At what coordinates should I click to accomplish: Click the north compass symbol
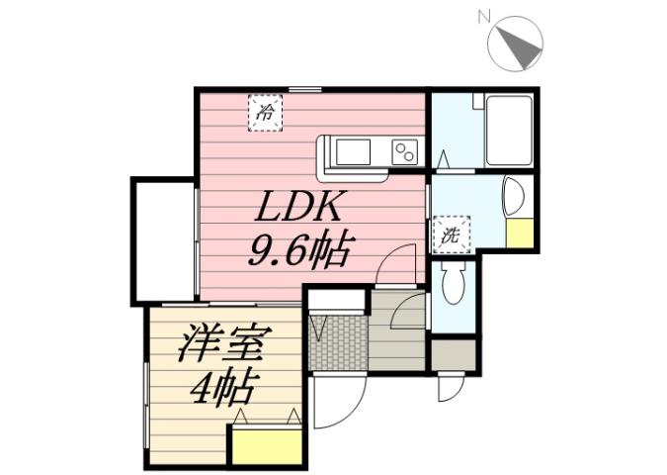[517, 43]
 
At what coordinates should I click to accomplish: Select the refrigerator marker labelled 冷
[264, 112]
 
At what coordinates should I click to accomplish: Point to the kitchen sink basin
[353, 152]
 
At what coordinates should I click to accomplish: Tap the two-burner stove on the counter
[404, 152]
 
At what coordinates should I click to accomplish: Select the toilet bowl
[454, 286]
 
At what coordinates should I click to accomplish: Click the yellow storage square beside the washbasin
[519, 234]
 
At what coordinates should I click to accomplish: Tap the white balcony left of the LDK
[163, 240]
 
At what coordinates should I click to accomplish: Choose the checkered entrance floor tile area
[337, 342]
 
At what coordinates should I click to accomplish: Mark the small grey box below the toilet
[453, 353]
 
